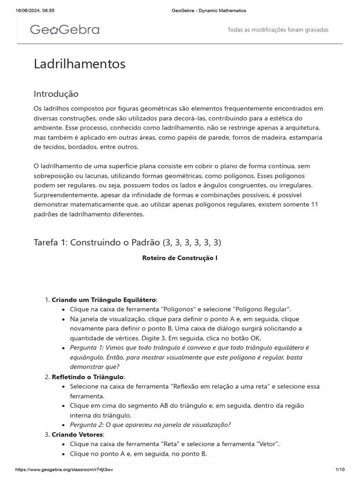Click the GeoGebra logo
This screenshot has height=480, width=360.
(x=65, y=30)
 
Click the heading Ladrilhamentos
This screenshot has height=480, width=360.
(x=79, y=64)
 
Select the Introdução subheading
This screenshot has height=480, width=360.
(x=56, y=94)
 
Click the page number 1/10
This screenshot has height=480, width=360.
(x=340, y=470)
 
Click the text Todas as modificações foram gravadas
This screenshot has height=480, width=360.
(x=277, y=30)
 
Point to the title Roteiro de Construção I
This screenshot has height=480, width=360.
(x=180, y=258)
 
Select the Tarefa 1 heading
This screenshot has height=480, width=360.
(x=127, y=242)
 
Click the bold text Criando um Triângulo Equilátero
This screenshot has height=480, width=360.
(x=104, y=300)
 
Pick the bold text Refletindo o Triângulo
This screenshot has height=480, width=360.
(x=88, y=377)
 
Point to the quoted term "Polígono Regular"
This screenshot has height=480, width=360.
(x=263, y=309)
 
